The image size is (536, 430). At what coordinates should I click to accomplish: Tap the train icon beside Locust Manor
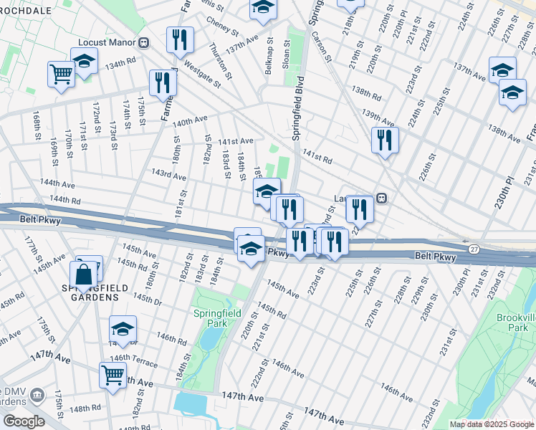click(x=144, y=43)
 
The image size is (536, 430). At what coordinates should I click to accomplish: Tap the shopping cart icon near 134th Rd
click(x=61, y=73)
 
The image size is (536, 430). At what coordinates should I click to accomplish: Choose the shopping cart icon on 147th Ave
click(x=113, y=374)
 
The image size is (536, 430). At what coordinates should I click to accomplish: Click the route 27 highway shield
click(x=474, y=248)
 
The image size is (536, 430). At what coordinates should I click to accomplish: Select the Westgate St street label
click(x=202, y=73)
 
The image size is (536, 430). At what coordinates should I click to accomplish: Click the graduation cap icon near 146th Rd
click(x=123, y=329)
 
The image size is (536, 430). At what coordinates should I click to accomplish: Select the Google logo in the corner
click(x=23, y=421)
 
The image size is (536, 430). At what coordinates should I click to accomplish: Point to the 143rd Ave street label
click(x=168, y=176)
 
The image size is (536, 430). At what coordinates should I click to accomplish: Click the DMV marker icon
click(x=39, y=395)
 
